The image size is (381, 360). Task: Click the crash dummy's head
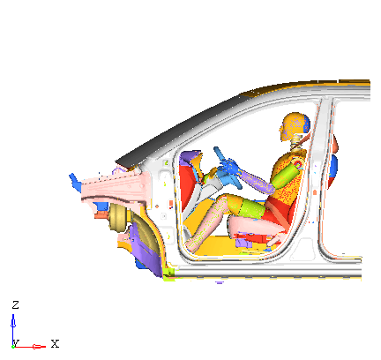[295, 126]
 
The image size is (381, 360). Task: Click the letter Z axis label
[15, 304]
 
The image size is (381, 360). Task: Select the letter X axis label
[55, 343]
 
